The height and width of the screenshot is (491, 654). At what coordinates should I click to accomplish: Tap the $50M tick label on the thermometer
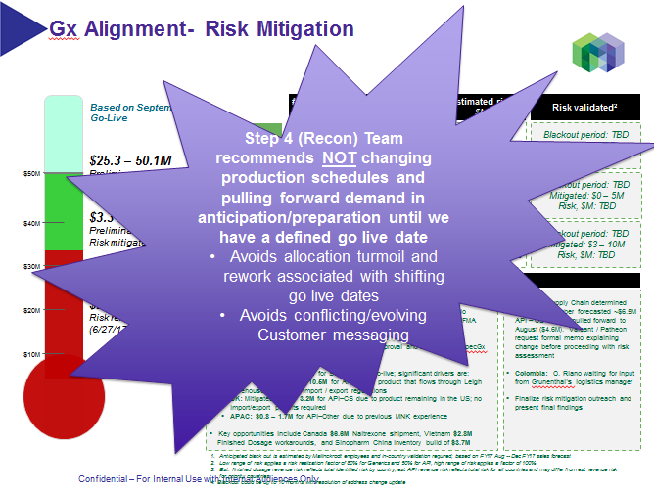(31, 174)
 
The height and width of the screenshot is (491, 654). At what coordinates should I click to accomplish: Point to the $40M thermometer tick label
(31, 223)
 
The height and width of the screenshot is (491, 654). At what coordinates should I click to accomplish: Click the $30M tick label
(31, 266)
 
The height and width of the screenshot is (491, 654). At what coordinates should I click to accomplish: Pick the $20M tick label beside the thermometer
(31, 310)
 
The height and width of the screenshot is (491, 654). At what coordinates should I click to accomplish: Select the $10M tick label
(31, 353)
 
